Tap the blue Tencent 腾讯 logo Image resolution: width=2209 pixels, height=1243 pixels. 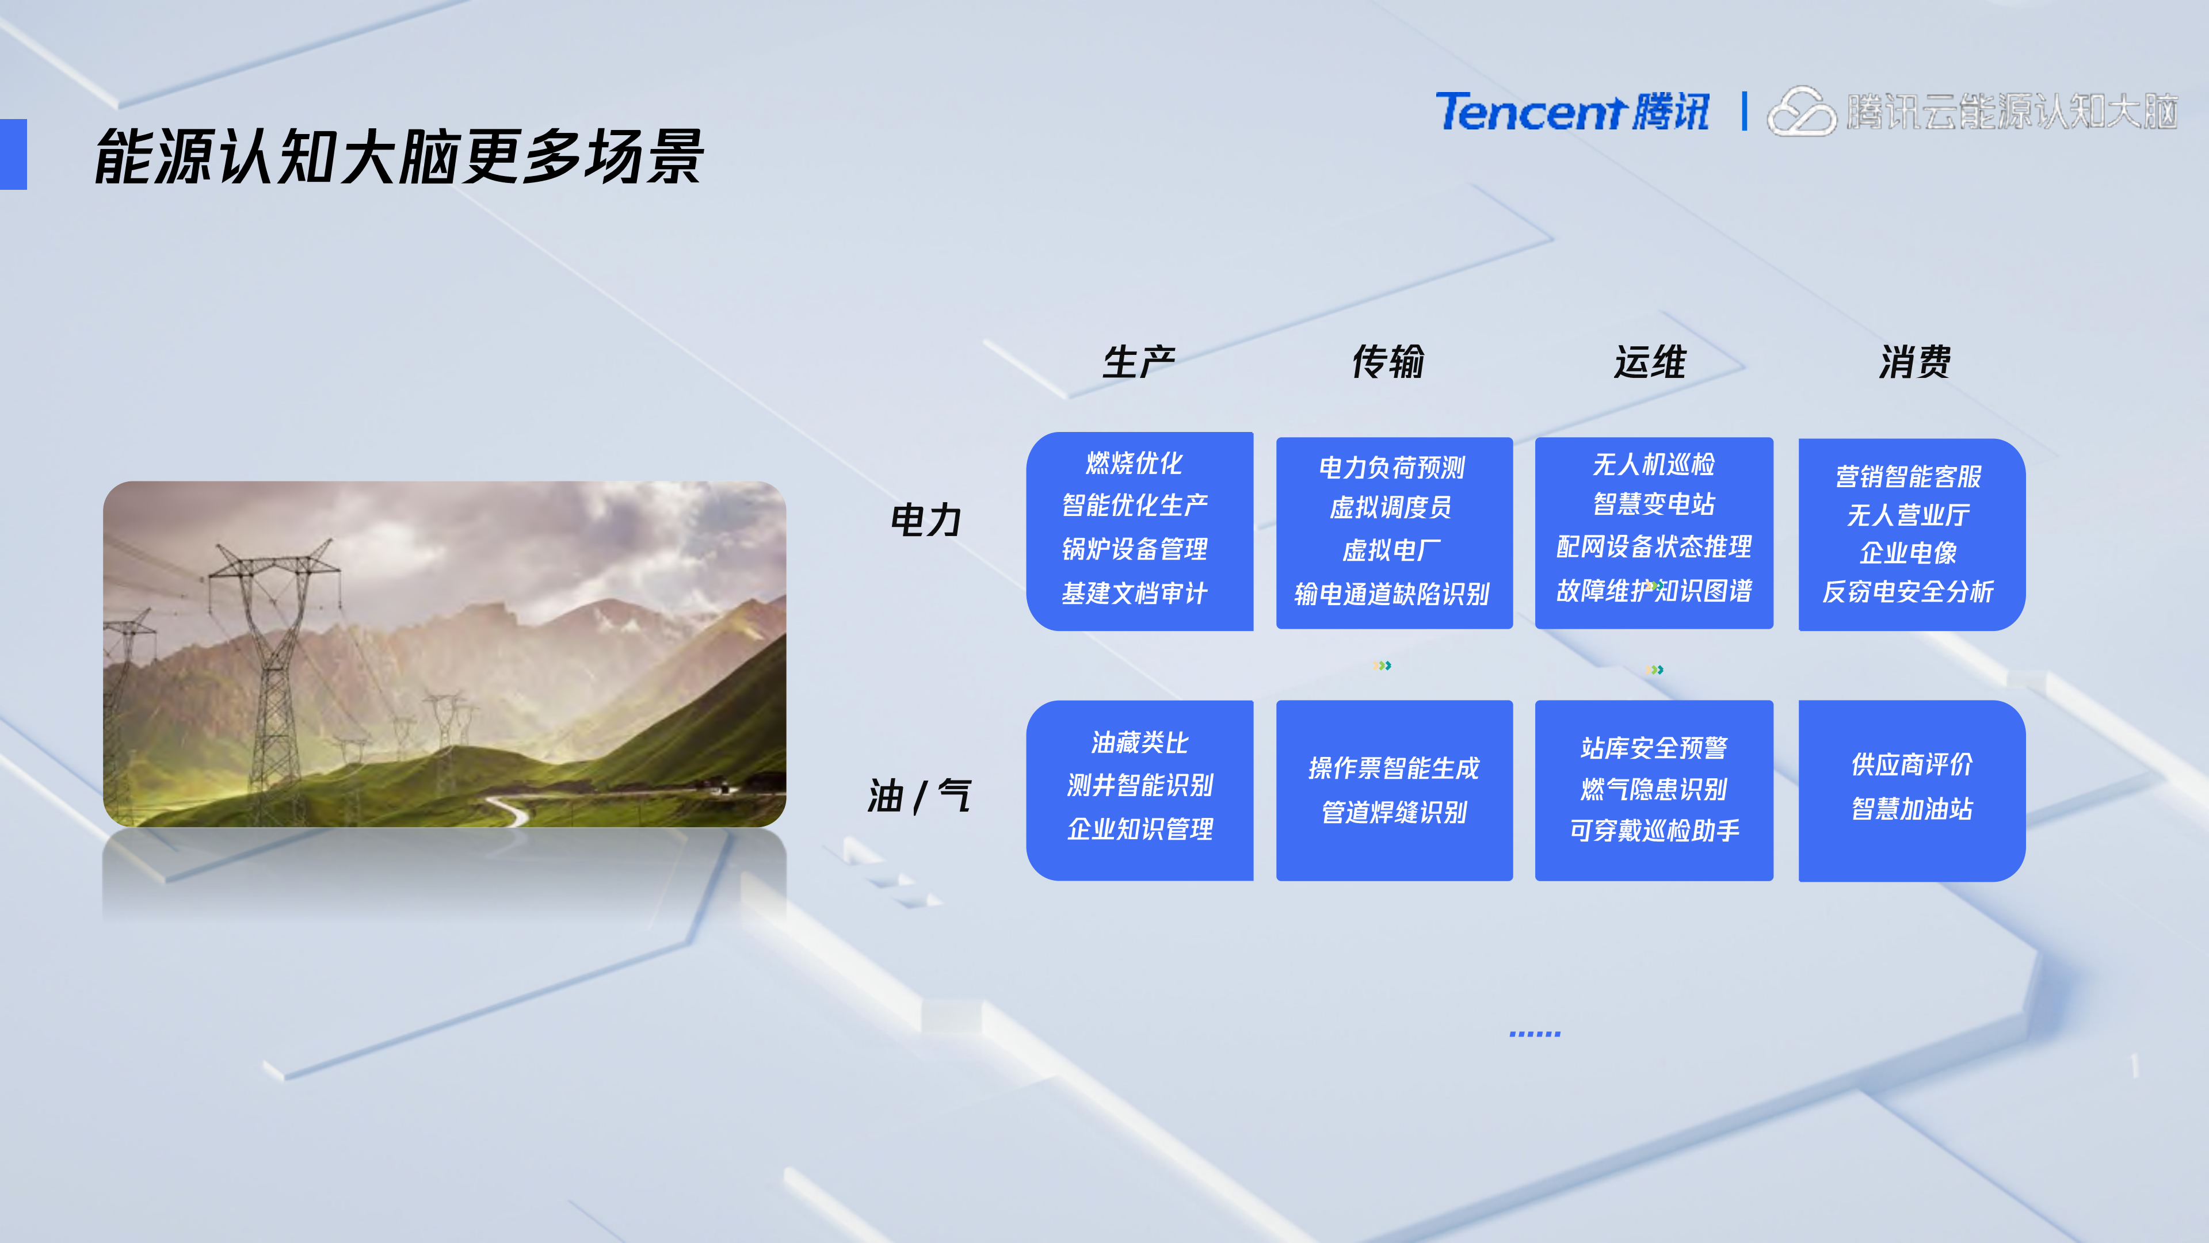[1572, 112]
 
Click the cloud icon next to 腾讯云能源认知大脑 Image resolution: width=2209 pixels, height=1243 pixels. [1801, 112]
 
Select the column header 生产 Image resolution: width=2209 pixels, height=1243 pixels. [1139, 362]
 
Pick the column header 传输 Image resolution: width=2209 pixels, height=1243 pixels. [1388, 362]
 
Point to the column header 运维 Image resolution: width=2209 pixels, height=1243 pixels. [1650, 362]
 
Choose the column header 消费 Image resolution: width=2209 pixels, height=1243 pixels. [1915, 362]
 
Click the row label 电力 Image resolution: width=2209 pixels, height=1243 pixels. [926, 521]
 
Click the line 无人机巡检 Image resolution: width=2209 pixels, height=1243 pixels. [1653, 465]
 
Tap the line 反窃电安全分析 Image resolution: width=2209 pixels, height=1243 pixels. [1908, 591]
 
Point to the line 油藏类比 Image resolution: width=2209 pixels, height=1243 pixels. [1140, 743]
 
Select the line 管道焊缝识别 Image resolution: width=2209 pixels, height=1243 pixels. [1394, 812]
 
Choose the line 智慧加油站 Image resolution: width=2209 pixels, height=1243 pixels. [1912, 808]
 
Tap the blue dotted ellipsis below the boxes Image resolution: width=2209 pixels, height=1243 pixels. [1534, 1034]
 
